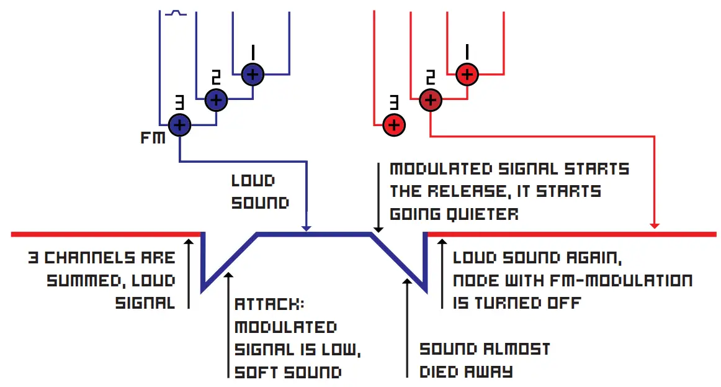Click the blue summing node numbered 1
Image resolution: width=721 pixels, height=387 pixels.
(x=253, y=75)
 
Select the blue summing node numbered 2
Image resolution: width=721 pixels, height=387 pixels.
(x=216, y=99)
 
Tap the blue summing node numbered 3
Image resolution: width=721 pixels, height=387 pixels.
(x=179, y=125)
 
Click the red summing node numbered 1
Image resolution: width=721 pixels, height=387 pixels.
(x=467, y=75)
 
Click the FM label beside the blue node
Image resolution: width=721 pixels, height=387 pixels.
(x=153, y=137)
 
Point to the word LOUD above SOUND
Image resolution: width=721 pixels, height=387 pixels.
(x=253, y=181)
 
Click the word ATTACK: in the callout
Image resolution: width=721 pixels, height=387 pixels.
(x=270, y=304)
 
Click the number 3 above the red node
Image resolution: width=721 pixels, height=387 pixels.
(x=393, y=102)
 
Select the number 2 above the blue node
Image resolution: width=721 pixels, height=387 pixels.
(x=216, y=78)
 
